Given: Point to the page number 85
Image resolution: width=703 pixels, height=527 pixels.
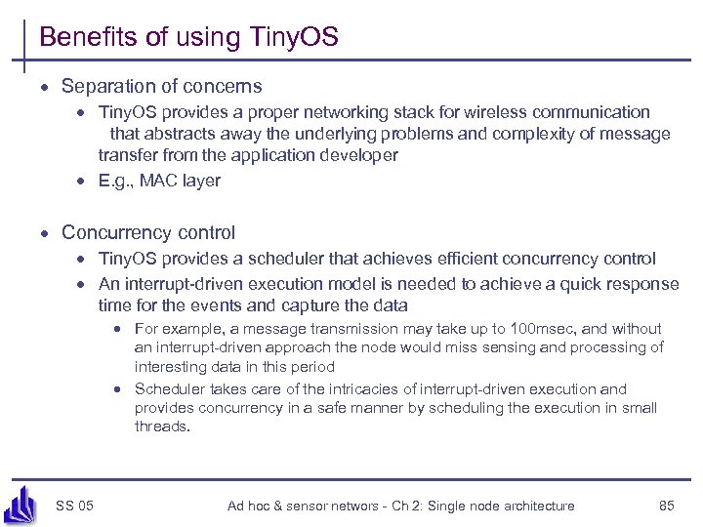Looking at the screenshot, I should tap(667, 506).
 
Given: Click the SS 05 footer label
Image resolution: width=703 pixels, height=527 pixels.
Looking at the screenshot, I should tap(75, 506).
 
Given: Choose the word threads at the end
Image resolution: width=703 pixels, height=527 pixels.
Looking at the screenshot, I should tap(161, 426).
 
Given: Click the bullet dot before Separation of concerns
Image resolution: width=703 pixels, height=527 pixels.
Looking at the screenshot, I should tap(45, 87).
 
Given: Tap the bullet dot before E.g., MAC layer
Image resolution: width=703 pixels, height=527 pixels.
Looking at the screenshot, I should tap(85, 181).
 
